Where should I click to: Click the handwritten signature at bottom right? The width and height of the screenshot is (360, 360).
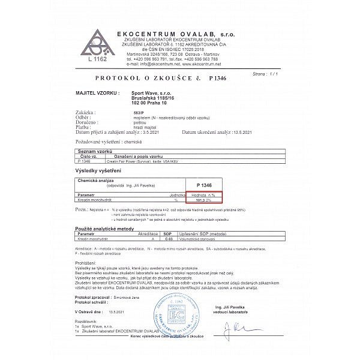[238, 329]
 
